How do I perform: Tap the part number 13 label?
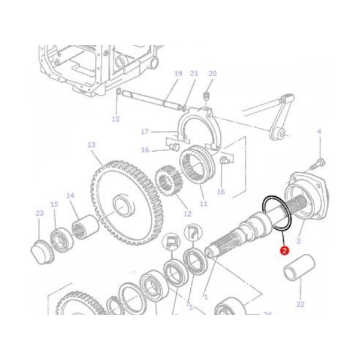(x=91, y=145)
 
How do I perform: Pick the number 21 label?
(x=194, y=74)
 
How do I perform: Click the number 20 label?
(x=212, y=74)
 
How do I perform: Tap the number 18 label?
(x=116, y=119)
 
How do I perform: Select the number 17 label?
(x=144, y=131)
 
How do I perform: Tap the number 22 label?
(x=301, y=304)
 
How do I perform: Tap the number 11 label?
(x=203, y=204)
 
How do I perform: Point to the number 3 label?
(x=299, y=241)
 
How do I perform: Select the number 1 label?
(x=206, y=296)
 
